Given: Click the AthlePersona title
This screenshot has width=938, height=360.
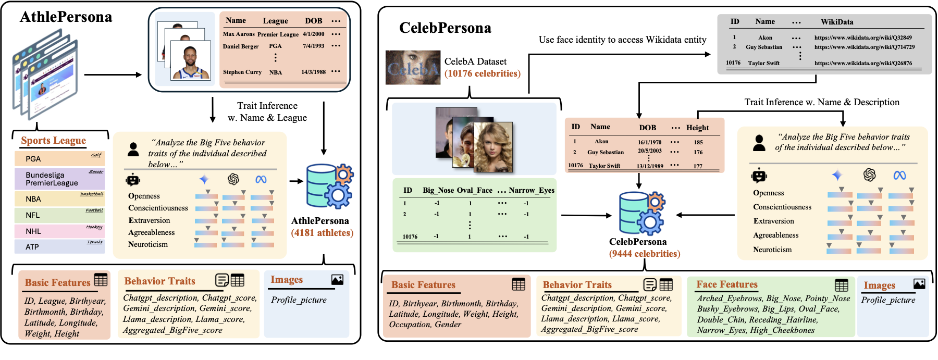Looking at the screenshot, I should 66,17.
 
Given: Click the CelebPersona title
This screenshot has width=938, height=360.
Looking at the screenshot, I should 445,28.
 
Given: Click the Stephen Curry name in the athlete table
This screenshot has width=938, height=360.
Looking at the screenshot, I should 242,72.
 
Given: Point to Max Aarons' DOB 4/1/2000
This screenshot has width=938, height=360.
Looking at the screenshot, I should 314,34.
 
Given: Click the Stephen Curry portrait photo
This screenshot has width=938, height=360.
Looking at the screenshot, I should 191,60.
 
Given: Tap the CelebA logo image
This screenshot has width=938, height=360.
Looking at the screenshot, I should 413,68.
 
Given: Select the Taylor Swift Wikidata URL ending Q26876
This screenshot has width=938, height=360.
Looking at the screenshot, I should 863,63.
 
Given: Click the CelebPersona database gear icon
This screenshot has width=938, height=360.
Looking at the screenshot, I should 641,213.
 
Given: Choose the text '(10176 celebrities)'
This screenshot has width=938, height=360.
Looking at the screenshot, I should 483,73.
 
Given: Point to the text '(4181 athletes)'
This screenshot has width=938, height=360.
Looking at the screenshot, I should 322,233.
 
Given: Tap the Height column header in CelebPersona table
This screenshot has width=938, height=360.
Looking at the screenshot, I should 697,128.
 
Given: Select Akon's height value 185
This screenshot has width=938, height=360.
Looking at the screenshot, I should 698,142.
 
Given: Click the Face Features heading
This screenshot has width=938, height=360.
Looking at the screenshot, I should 727,284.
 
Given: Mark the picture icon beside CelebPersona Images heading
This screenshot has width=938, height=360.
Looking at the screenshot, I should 919,284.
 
